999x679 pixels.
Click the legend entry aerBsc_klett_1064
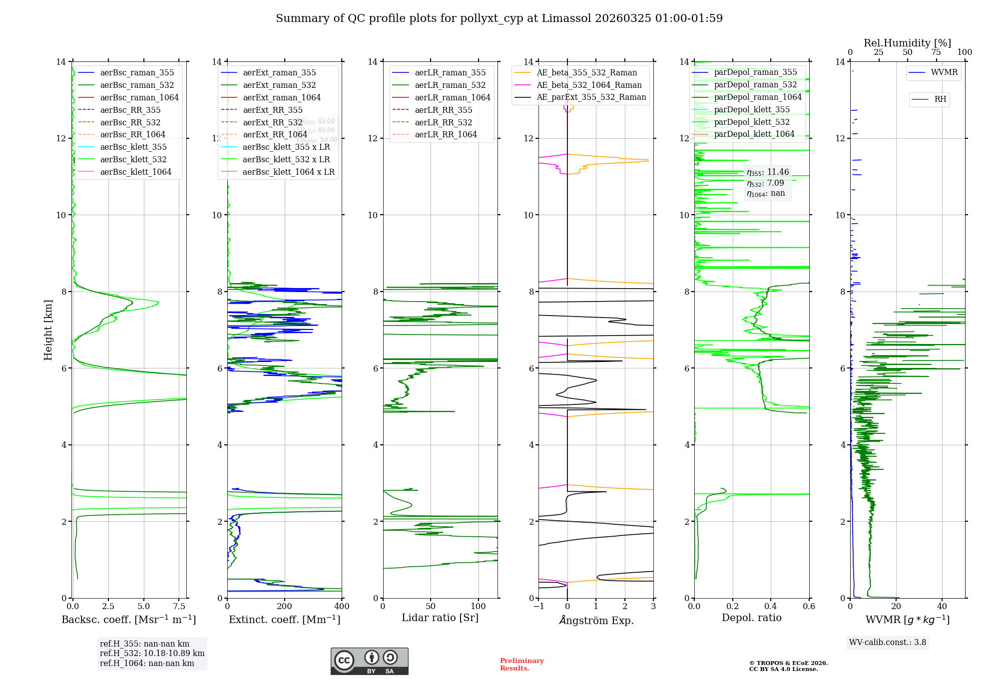pyautogui.click(x=135, y=172)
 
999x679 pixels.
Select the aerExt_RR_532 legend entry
pyautogui.click(x=272, y=122)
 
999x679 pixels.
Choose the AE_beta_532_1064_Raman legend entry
pyautogui.click(x=589, y=85)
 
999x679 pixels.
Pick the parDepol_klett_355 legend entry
pyautogui.click(x=752, y=109)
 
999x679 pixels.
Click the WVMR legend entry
pyautogui.click(x=944, y=72)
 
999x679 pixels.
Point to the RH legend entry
pyautogui.click(x=940, y=99)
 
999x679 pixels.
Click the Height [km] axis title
pyautogui.click(x=48, y=330)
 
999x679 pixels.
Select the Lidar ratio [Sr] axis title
pyautogui.click(x=440, y=618)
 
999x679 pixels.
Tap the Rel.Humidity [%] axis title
pyautogui.click(x=907, y=43)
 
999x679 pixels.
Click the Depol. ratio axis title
pyautogui.click(x=751, y=618)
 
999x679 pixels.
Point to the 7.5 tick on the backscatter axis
pyautogui.click(x=179, y=607)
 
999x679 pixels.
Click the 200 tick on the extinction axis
pyautogui.click(x=284, y=607)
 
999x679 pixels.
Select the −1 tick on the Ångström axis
pyautogui.click(x=538, y=607)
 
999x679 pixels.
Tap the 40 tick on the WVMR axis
pyautogui.click(x=942, y=607)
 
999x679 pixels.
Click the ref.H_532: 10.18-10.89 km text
pyautogui.click(x=152, y=654)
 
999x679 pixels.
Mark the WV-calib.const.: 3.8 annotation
pyautogui.click(x=888, y=643)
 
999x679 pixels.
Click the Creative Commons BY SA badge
pyautogui.click(x=369, y=661)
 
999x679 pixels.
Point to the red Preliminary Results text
pyautogui.click(x=521, y=665)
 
